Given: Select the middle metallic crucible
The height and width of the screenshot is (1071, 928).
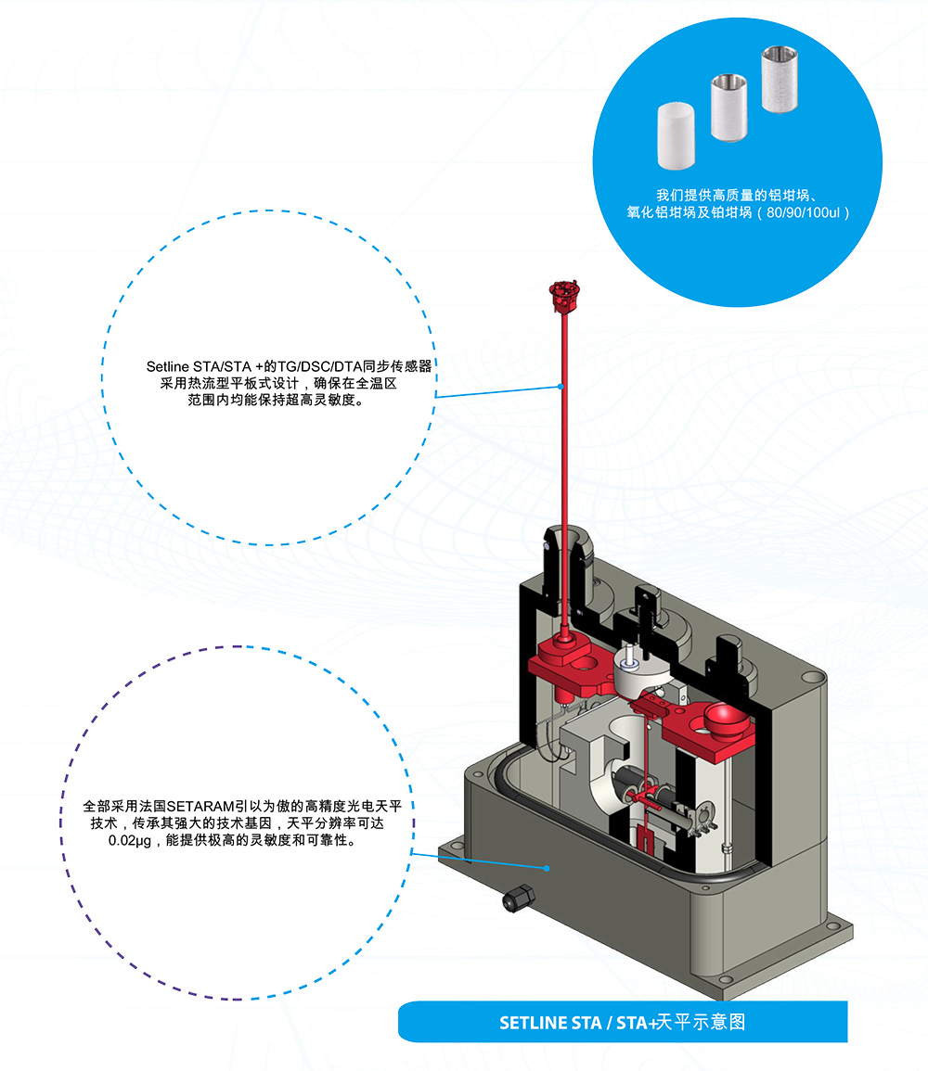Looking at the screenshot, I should (730, 108).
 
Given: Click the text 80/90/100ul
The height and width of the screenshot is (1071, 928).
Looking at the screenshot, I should (806, 212).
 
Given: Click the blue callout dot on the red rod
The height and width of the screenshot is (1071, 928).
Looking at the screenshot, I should (561, 386).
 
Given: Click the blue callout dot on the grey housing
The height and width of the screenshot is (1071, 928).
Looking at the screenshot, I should (548, 869).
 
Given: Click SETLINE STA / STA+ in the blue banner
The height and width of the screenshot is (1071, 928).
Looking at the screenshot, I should (577, 1023).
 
